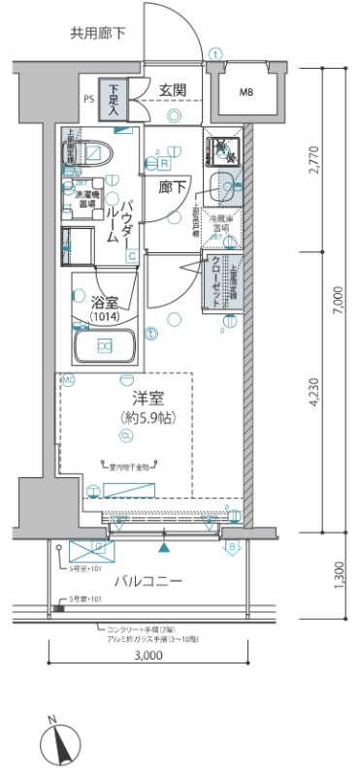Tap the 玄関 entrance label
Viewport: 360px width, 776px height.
[174, 91]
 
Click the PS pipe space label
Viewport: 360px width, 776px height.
[89, 99]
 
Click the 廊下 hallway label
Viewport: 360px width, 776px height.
[172, 185]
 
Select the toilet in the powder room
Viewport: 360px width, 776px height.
[96, 152]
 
